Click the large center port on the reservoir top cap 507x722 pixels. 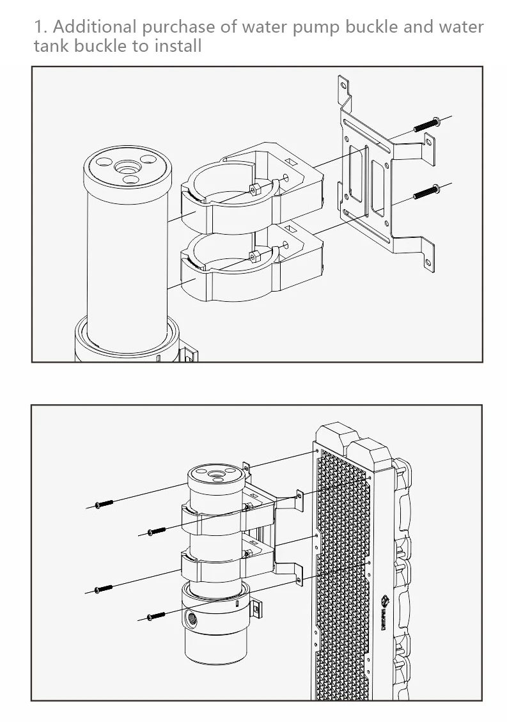[x=128, y=168]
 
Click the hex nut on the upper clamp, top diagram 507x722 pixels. [x=254, y=189]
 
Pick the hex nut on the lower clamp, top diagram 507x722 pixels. [x=254, y=256]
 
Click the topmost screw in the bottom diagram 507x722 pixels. [x=104, y=504]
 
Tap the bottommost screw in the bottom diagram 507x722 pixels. [x=156, y=616]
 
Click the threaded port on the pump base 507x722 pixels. [x=192, y=618]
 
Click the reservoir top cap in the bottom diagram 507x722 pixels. [x=216, y=476]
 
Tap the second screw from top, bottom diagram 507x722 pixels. [x=157, y=531]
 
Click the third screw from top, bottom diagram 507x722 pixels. [x=104, y=588]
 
